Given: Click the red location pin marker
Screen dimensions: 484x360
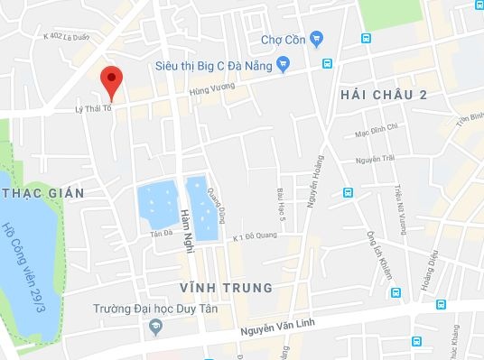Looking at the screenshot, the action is click(111, 81).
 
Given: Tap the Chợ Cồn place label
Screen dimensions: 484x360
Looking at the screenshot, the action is click(283, 39).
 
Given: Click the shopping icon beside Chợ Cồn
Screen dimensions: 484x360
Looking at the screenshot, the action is click(315, 39).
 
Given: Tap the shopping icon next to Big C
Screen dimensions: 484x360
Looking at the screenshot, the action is click(283, 64).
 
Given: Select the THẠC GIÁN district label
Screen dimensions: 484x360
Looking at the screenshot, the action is click(42, 193).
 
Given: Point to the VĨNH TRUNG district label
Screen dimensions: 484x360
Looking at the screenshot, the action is click(226, 288).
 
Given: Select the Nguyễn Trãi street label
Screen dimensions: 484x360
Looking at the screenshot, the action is click(377, 160).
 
